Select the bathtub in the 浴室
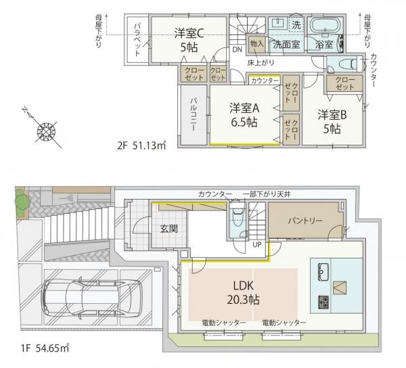pos(325,25)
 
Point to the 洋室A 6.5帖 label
pos(244,115)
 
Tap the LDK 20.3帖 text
pos(244,293)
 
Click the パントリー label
pos(306,221)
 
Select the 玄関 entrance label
pos(169,229)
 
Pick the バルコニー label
pos(193,114)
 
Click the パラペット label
pos(137,40)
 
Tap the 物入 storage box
pos(257,44)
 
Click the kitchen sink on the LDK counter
pos(323,271)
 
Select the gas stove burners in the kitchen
pos(323,302)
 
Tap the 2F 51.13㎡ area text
pos(141,146)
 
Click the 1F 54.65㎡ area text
pos(45,348)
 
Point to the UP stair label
pos(257,245)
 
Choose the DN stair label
pos(237,49)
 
